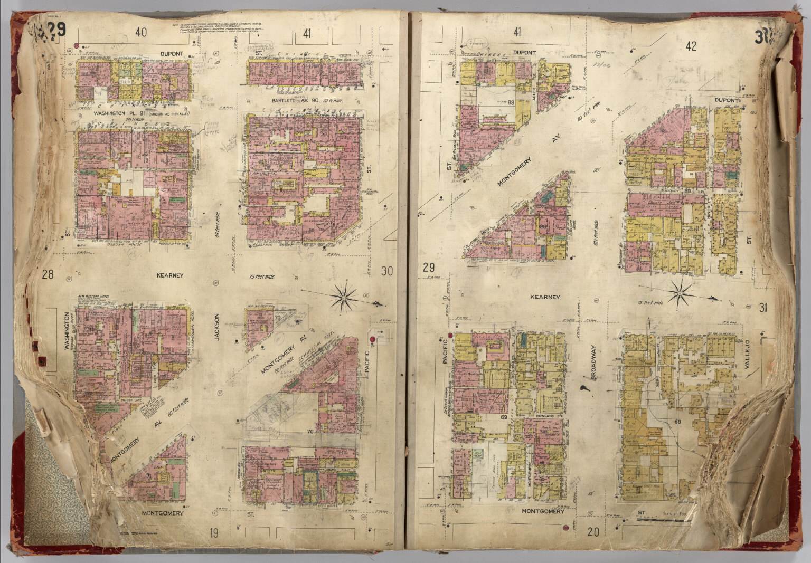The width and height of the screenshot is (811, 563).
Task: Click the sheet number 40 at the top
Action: pyautogui.click(x=141, y=33)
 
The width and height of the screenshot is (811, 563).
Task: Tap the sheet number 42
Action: pyautogui.click(x=691, y=46)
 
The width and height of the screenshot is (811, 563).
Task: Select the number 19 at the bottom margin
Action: pyautogui.click(x=214, y=533)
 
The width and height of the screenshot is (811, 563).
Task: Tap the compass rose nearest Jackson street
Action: pyautogui.click(x=344, y=299)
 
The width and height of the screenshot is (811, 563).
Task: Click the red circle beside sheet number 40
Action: pyautogui.click(x=77, y=46)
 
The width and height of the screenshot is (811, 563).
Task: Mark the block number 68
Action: pyautogui.click(x=677, y=422)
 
